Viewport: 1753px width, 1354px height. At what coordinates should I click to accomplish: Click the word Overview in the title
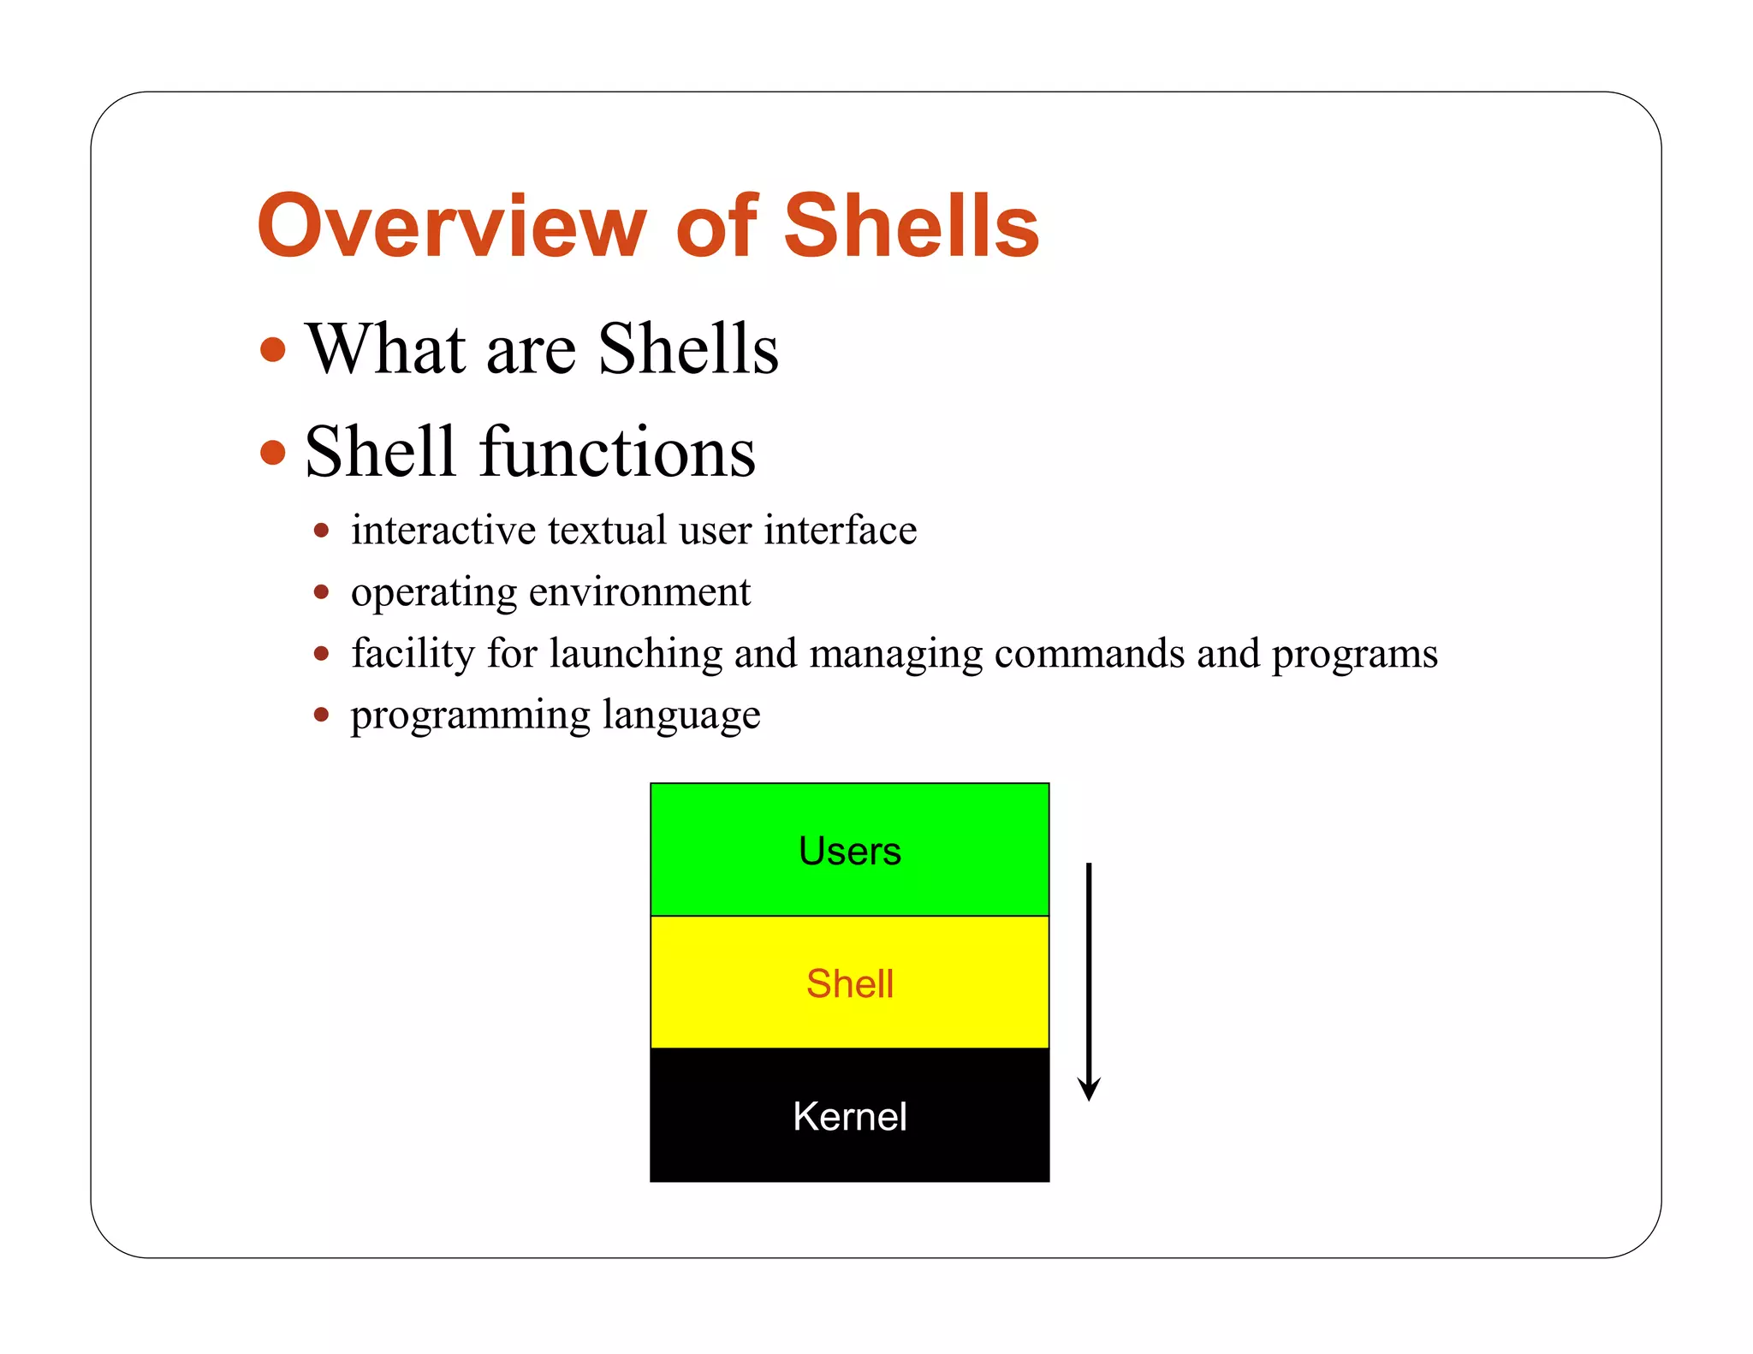[x=451, y=226]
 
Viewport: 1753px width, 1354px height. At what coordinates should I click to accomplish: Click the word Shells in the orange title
[x=911, y=226]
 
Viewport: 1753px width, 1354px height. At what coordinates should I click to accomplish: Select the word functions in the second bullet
[x=617, y=452]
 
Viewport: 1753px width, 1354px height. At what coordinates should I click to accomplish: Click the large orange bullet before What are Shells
[x=273, y=349]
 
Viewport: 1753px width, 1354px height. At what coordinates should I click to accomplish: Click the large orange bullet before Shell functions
[x=273, y=452]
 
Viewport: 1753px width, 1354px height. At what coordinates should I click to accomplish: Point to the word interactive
[x=443, y=530]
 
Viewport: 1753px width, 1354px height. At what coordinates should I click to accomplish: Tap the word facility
[x=413, y=654]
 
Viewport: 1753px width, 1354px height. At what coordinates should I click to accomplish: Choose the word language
[x=680, y=716]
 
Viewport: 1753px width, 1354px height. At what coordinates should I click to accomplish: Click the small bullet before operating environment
[x=321, y=592]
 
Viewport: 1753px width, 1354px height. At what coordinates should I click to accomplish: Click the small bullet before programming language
[x=321, y=715]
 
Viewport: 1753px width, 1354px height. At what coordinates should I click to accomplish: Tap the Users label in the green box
[x=849, y=852]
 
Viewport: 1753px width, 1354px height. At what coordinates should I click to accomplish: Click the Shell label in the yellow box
[x=849, y=984]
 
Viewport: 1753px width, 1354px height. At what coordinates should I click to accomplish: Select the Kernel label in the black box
[x=849, y=1117]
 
